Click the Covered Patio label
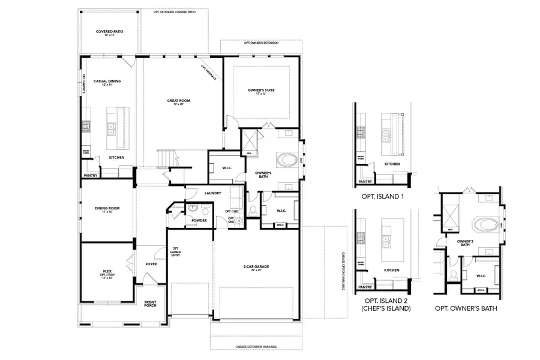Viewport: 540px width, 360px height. click(109, 32)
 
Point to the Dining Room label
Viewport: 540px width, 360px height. click(107, 209)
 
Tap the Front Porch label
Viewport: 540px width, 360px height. click(149, 303)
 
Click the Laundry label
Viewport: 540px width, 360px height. click(212, 193)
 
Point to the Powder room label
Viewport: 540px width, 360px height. click(199, 220)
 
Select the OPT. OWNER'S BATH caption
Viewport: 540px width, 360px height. click(470, 308)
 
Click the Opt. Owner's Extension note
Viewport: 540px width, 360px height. click(260, 44)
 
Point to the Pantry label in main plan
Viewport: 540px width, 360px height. click(91, 176)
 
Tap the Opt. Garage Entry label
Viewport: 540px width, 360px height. click(176, 252)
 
